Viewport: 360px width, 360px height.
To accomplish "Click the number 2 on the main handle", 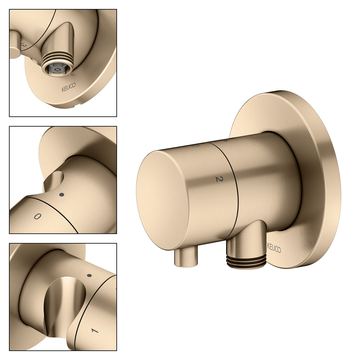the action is (x=219, y=179).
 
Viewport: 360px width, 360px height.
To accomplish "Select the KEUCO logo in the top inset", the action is (x=69, y=87).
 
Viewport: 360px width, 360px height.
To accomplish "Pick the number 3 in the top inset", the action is (x=24, y=45).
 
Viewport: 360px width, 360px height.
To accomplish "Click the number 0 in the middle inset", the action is (x=37, y=216).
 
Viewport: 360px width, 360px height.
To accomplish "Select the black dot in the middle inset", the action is (x=62, y=195).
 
